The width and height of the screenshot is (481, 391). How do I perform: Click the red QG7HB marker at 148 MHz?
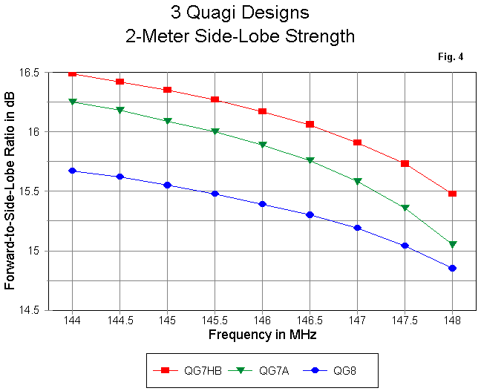[x=452, y=194]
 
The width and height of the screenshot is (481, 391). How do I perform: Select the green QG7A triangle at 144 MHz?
[x=72, y=102]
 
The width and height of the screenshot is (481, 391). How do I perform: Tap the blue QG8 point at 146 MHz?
[x=262, y=204]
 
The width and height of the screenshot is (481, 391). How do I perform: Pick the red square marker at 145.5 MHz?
[x=215, y=99]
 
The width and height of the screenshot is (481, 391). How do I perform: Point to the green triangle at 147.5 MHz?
[x=405, y=208]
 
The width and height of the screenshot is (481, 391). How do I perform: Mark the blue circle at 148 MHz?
[x=452, y=268]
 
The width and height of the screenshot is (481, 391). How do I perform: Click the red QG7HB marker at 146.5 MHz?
[x=310, y=125]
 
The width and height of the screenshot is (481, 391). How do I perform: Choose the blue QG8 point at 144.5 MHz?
[x=120, y=177]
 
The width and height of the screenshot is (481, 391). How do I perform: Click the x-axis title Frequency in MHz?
[x=261, y=335]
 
